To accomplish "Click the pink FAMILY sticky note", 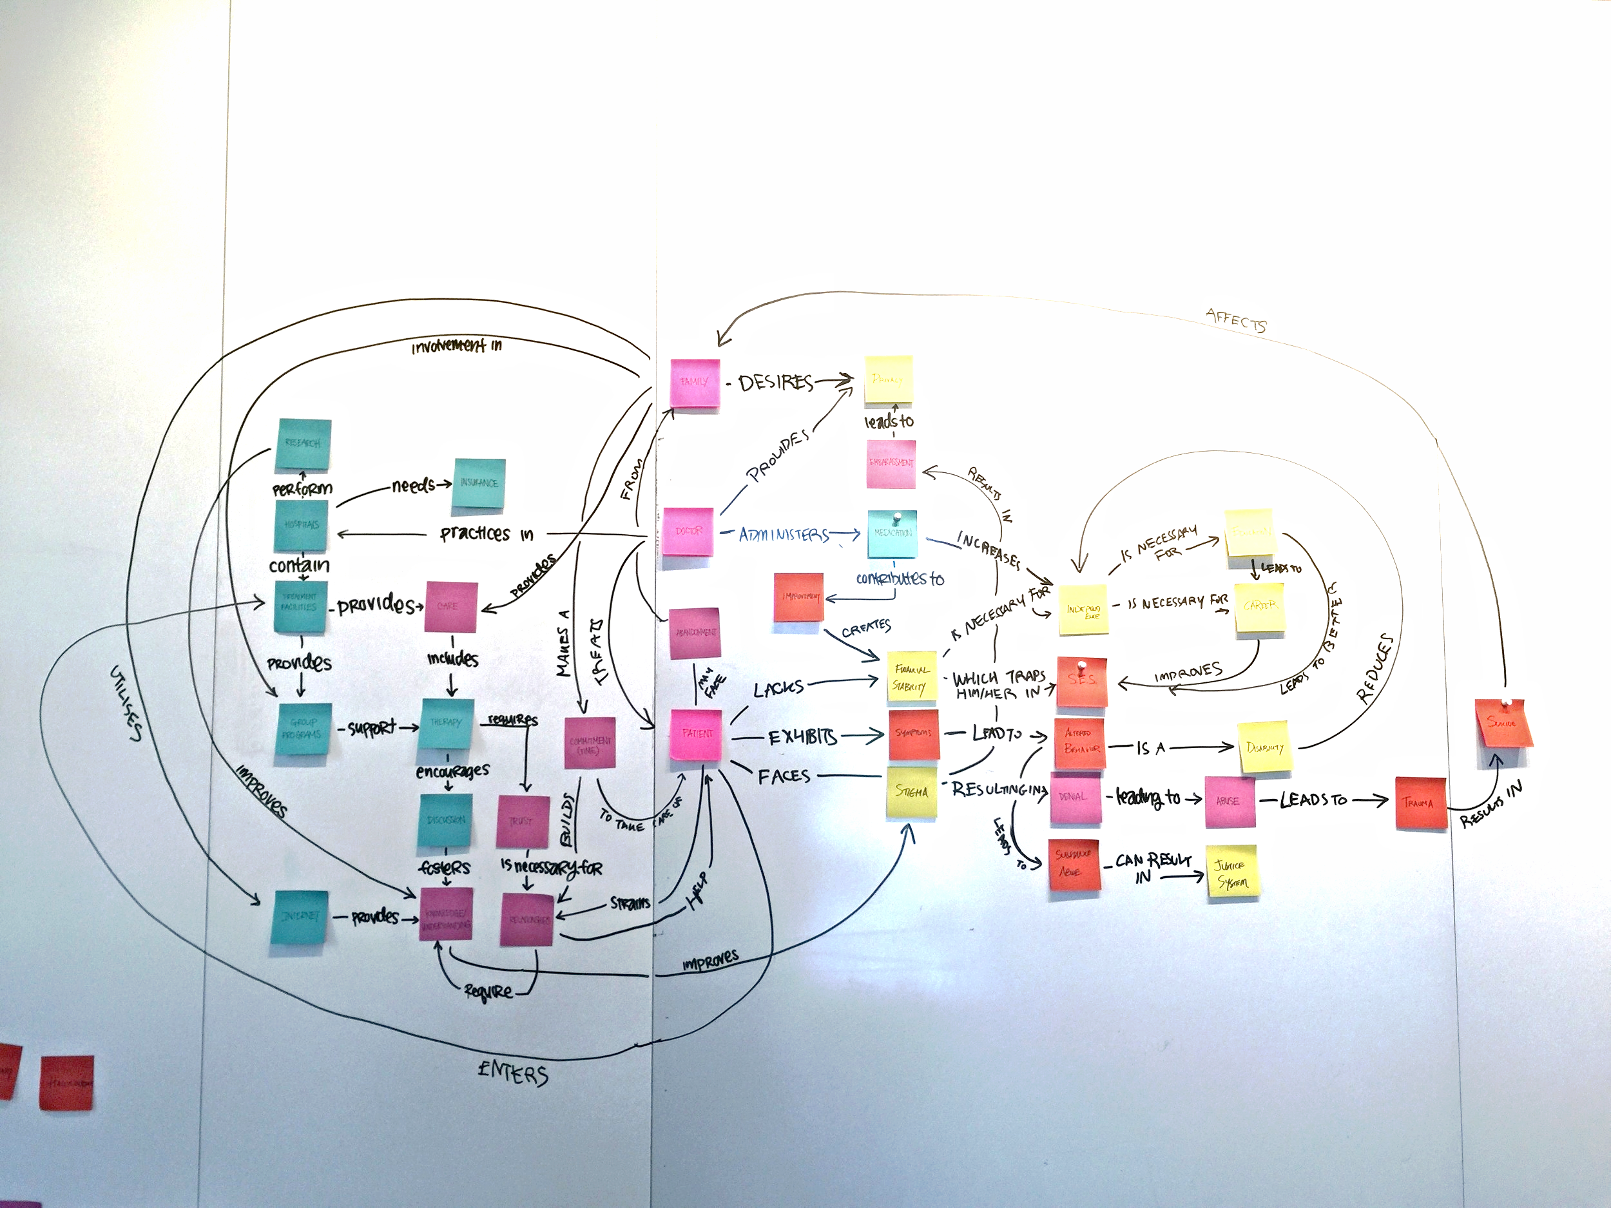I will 695,382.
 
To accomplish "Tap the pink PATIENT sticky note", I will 696,734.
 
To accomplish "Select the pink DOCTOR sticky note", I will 688,532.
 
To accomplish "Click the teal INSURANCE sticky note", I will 479,483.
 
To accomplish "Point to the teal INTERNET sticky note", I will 300,917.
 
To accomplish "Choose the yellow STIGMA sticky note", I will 912,792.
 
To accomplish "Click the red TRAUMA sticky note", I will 1420,803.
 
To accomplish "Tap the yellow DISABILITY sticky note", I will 1265,747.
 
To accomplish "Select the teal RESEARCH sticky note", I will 303,444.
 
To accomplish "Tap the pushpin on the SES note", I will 1082,665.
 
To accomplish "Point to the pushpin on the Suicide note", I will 1506,704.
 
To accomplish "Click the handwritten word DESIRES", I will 775,382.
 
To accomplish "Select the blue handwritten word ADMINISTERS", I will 783,535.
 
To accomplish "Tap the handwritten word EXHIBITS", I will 802,738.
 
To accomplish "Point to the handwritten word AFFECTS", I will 1236,320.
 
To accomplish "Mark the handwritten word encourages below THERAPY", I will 452,771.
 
